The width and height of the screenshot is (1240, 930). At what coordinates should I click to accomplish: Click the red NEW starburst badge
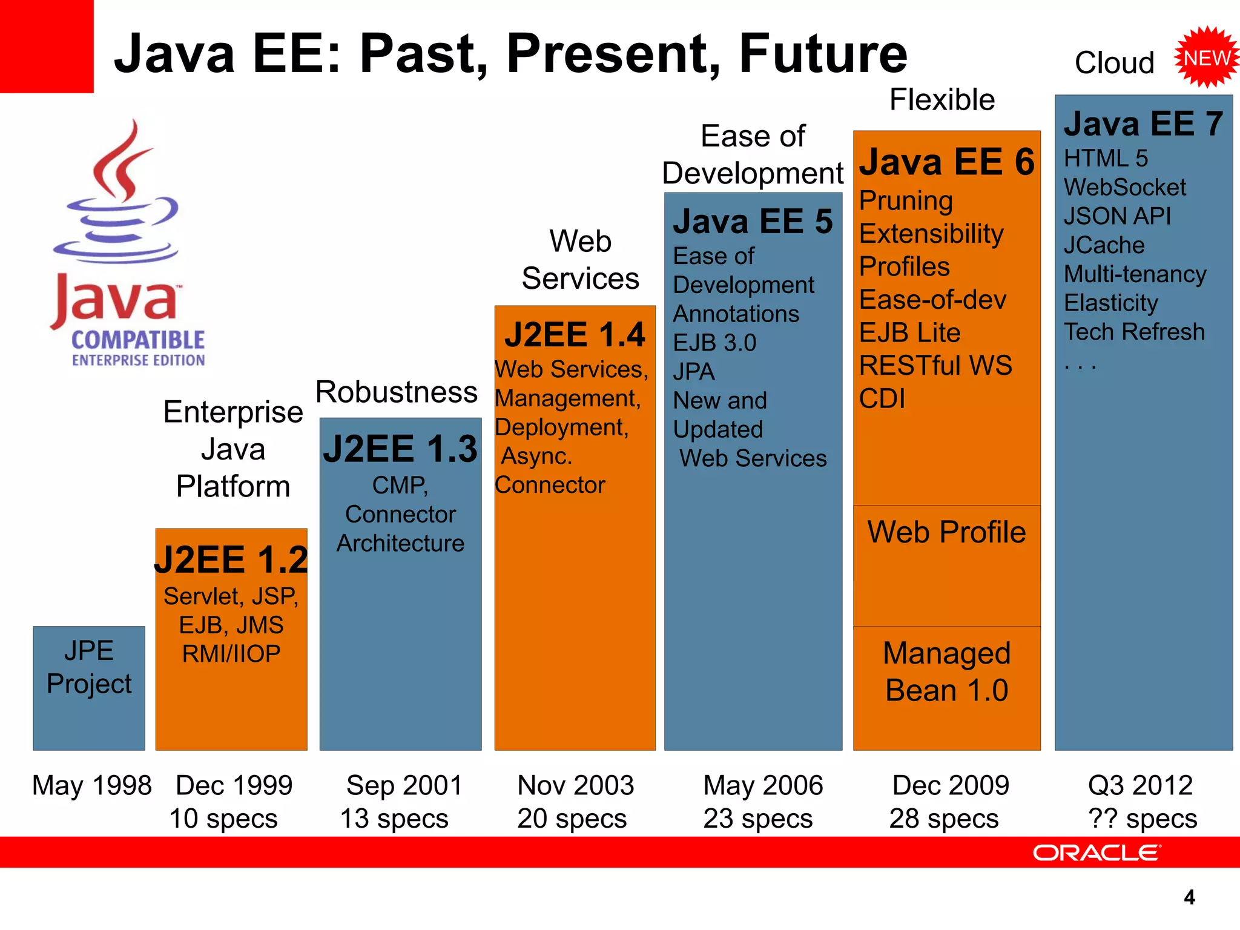pos(1207,58)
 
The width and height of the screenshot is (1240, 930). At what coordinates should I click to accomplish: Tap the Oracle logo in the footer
pos(1097,852)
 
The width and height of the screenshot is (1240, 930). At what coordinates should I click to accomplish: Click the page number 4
pos(1189,897)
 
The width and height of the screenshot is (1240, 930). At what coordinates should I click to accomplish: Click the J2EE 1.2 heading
pos(231,559)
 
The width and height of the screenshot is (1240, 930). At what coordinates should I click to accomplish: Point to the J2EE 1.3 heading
pos(400,449)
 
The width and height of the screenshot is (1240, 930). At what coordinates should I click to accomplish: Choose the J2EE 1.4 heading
pos(575,335)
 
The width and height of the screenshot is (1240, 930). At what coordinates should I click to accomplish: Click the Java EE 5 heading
pos(753,222)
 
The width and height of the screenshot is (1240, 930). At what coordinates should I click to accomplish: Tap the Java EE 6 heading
pos(947,162)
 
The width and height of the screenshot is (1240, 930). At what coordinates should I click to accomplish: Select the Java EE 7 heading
pos(1143,124)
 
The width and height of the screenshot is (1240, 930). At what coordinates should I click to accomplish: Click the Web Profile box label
pos(946,532)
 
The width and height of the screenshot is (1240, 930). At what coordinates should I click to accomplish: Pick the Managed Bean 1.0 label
pos(946,671)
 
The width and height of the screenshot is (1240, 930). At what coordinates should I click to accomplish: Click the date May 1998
pos(91,786)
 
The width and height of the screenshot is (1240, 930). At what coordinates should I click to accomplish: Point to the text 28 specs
pos(943,819)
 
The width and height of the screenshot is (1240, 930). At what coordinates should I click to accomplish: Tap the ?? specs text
pos(1142,819)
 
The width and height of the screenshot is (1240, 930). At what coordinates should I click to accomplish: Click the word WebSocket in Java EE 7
pos(1124,188)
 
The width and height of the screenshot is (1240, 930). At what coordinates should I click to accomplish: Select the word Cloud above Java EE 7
pos(1114,63)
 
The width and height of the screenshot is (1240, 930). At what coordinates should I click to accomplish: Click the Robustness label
pos(397,392)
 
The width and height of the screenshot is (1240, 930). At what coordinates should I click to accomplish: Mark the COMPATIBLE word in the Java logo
pos(138,340)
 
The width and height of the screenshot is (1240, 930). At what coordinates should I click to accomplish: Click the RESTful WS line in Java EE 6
pos(935,366)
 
